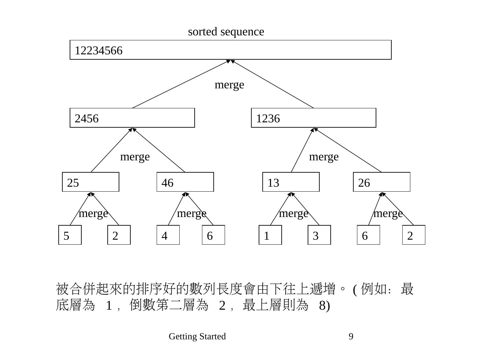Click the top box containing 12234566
click(230, 50)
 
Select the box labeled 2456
click(132, 118)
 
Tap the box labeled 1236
click(313, 118)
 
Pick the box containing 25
click(91, 182)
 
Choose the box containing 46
click(185, 182)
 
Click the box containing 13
click(291, 182)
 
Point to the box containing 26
click(382, 182)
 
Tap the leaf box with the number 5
click(70, 235)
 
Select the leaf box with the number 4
click(168, 235)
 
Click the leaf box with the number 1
click(270, 235)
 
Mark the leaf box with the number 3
click(319, 235)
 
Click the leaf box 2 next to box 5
click(119, 235)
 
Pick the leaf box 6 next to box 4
click(213, 235)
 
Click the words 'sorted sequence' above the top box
click(226, 32)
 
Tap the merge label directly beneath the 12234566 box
click(229, 85)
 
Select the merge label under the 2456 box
click(135, 157)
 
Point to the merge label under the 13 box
click(293, 214)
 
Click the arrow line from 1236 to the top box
click(272, 84)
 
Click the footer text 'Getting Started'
click(197, 336)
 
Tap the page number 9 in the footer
click(351, 336)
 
